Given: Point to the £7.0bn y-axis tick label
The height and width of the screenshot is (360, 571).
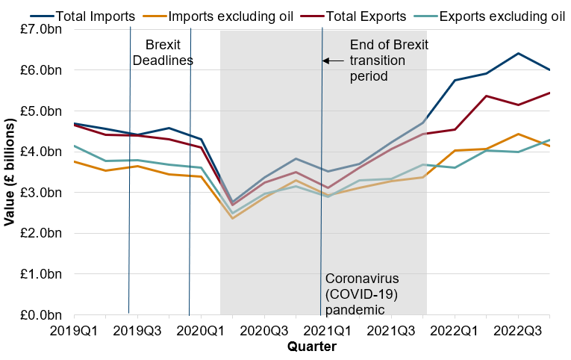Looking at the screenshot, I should (46, 29).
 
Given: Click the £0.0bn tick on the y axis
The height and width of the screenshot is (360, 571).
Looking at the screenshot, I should (46, 315).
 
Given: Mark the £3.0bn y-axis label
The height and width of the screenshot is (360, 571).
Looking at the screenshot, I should (46, 193).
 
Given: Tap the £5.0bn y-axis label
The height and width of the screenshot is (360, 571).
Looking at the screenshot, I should (46, 111).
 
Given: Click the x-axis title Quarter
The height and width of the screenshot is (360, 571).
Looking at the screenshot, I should (311, 347).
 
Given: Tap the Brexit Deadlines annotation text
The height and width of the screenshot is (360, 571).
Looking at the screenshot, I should (163, 52).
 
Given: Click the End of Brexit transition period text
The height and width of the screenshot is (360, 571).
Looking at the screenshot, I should (389, 60).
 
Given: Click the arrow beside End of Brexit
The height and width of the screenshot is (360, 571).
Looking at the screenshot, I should (334, 60).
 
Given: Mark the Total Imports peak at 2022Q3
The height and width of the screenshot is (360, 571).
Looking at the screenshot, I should (517, 53).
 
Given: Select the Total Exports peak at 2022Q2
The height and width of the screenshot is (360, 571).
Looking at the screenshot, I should (486, 96).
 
